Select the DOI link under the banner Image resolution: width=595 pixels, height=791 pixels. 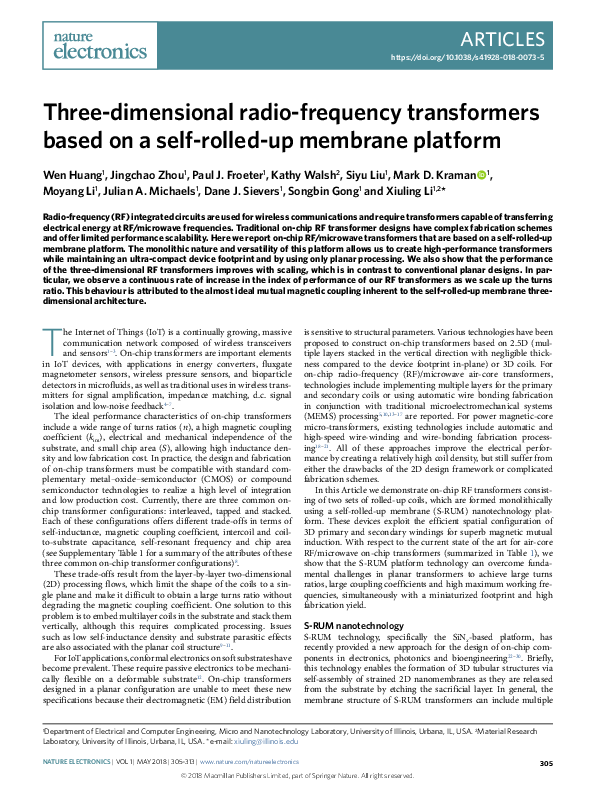pos(481,59)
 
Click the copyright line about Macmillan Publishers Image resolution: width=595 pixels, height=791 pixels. pos(297,776)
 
